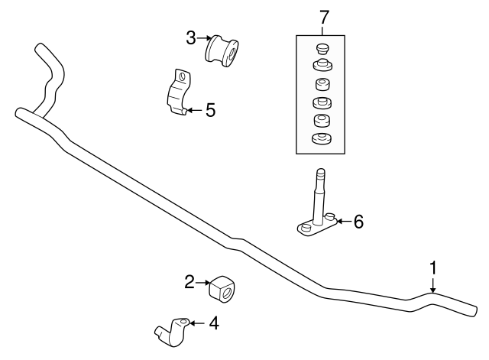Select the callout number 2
(189, 283)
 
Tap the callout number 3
(190, 36)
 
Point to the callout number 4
(214, 323)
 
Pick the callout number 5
(209, 110)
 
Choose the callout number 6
(358, 222)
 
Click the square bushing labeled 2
(223, 287)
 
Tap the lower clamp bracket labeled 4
(173, 328)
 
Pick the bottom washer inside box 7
(321, 138)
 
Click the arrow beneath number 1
(432, 287)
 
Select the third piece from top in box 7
(321, 84)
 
